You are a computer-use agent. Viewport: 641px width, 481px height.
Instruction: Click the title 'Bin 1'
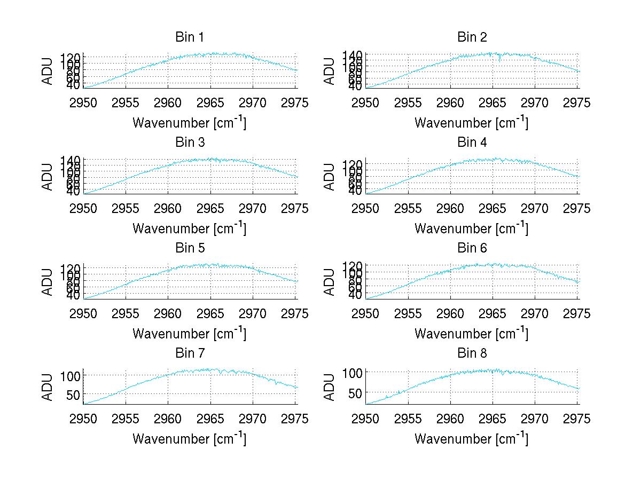click(189, 37)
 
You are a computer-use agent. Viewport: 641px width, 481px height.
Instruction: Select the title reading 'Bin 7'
click(189, 353)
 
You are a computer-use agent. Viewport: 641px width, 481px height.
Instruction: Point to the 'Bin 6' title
click(472, 248)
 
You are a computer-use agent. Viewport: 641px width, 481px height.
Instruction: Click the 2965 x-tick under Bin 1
click(210, 103)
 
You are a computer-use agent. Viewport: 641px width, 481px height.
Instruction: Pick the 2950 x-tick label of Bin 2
click(366, 103)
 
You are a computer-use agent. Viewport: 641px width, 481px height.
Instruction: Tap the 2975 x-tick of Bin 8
click(577, 419)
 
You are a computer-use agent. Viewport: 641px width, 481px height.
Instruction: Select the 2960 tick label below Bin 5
click(168, 314)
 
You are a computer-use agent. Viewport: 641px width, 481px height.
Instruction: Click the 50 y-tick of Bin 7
click(73, 394)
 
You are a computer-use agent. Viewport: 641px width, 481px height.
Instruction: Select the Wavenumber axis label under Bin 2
click(471, 123)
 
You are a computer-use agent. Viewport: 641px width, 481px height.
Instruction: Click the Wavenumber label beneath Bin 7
click(189, 439)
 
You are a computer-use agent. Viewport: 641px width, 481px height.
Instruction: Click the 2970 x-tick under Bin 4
click(535, 208)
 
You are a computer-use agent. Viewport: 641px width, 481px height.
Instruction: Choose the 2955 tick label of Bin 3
click(126, 208)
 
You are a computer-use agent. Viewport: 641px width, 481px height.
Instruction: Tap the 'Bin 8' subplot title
click(472, 353)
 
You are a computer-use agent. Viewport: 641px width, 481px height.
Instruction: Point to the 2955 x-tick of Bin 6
click(408, 314)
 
